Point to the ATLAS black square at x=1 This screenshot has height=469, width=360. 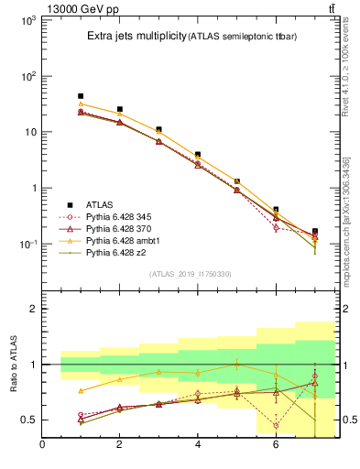pos(81,96)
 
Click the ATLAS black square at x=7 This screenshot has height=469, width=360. pos(315,232)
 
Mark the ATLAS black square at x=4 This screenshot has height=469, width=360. pos(198,155)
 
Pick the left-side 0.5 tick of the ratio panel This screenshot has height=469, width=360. pos(28,420)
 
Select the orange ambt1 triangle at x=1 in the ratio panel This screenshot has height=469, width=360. pos(81,391)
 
